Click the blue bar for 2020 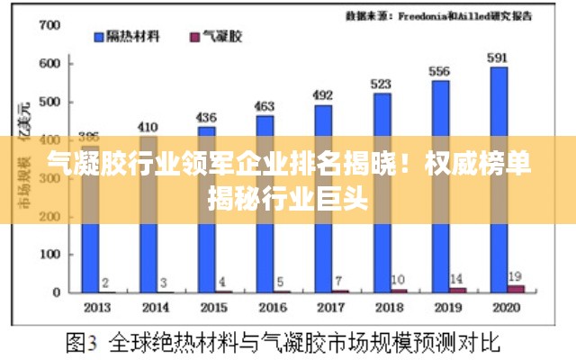tap(499, 179)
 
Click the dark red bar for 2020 tap(515, 288)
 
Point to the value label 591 tap(498, 58)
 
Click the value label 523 tap(382, 84)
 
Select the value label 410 tap(148, 127)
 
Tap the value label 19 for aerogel tap(515, 275)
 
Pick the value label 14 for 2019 tap(456, 278)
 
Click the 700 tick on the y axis tap(50, 25)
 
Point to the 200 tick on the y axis tap(50, 216)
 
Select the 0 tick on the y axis tap(56, 292)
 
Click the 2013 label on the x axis tap(96, 308)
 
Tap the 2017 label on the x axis tap(330, 308)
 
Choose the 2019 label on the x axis tap(446, 308)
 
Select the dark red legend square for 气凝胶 tap(193, 37)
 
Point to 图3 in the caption tap(83, 342)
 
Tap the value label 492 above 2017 tap(322, 94)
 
